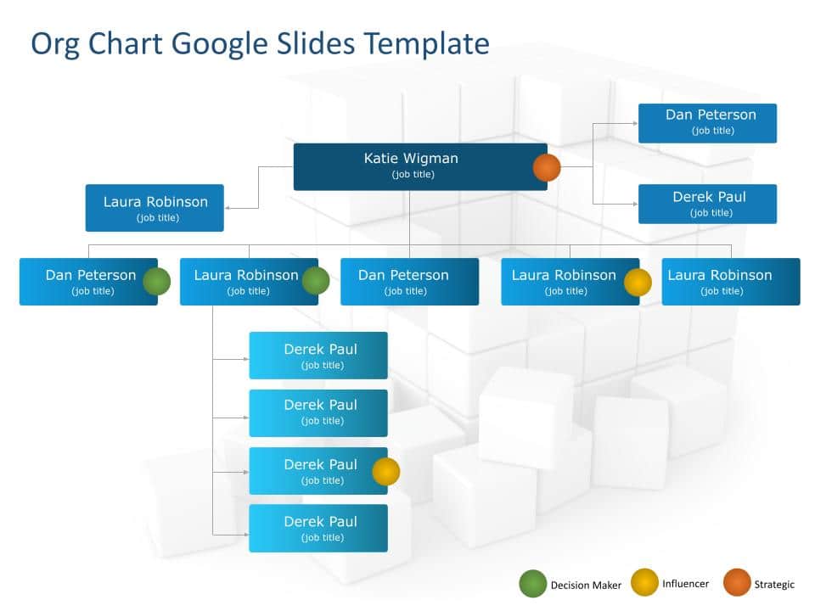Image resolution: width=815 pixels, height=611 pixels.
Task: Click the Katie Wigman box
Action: (x=420, y=167)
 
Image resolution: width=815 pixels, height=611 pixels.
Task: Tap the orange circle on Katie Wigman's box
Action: (x=546, y=167)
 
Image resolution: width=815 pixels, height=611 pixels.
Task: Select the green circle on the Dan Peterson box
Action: (x=156, y=282)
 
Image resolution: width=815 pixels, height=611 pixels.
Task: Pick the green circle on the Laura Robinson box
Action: (x=316, y=281)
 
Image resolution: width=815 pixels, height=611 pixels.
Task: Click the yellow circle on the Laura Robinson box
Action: (x=638, y=282)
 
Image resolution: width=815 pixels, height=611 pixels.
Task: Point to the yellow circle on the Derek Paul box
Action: (x=386, y=471)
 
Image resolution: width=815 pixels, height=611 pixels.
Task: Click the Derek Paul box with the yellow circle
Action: (x=318, y=471)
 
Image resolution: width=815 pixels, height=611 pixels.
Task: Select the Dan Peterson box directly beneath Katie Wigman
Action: (x=409, y=282)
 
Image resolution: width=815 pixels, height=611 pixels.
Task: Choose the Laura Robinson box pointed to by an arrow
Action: (x=155, y=208)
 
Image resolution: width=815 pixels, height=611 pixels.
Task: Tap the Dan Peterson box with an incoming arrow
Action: (x=707, y=123)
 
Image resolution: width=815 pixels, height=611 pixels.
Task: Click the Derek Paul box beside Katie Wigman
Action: (x=707, y=205)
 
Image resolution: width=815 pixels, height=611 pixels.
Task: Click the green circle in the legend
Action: (x=533, y=584)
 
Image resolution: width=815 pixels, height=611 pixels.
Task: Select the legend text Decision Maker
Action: (x=586, y=586)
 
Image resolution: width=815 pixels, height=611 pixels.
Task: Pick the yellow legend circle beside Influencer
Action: (x=644, y=582)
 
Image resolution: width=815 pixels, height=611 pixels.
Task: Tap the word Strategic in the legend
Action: (x=774, y=585)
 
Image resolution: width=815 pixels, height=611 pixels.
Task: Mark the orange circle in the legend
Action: (x=737, y=582)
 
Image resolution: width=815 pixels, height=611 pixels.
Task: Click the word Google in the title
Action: (x=219, y=45)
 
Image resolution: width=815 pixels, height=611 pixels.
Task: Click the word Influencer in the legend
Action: (x=685, y=584)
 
